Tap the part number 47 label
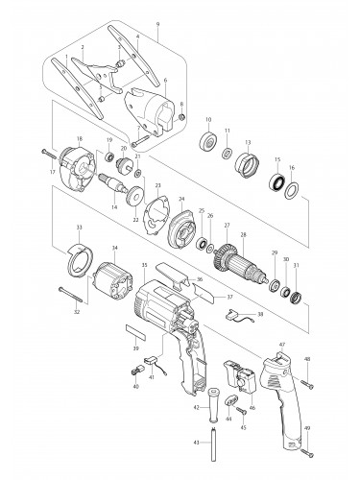[x=281, y=343]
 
